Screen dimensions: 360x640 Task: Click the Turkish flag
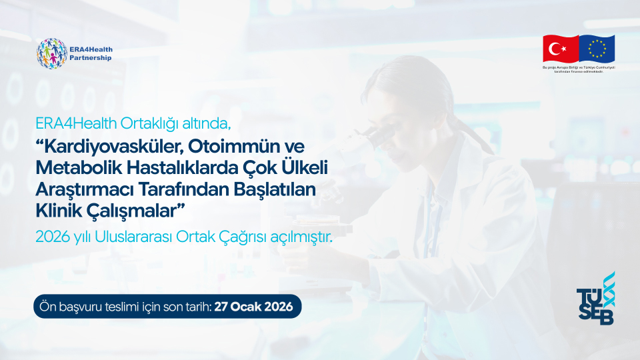pos(560,48)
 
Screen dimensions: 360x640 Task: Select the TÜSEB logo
pos(595,300)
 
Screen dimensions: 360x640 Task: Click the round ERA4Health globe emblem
pos(51,53)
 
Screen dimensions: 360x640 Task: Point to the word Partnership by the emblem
pos(90,58)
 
